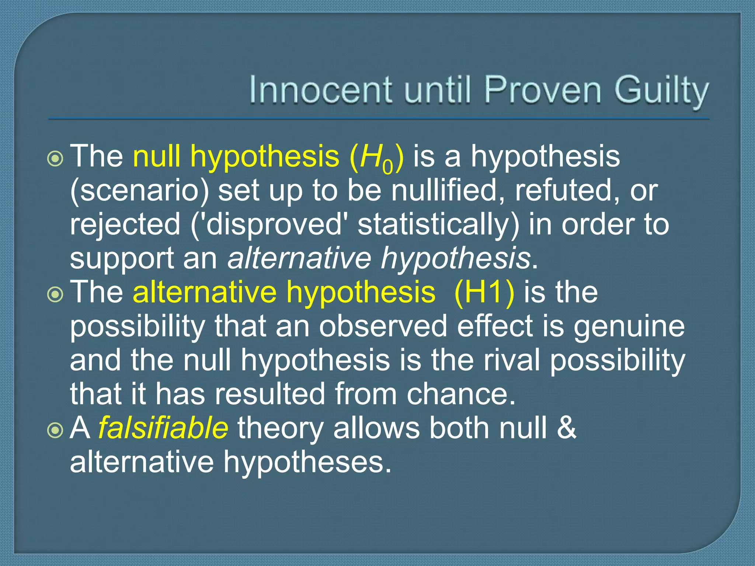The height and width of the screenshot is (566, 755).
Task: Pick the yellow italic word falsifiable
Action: (163, 428)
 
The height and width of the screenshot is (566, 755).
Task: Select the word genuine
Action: (629, 326)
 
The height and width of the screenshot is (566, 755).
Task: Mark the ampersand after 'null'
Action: (566, 428)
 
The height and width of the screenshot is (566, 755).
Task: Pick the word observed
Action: (383, 326)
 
